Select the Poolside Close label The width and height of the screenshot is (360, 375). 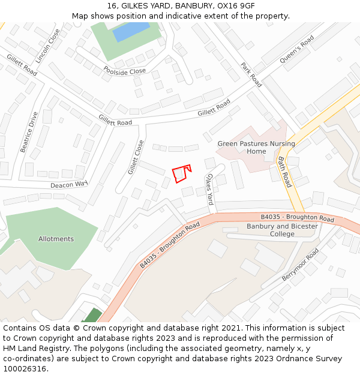[x=125, y=71]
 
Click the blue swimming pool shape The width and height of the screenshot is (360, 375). [x=131, y=31]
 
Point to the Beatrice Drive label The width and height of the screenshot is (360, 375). [x=29, y=132]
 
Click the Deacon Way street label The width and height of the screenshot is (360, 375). [x=69, y=185]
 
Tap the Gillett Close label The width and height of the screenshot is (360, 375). [x=136, y=157]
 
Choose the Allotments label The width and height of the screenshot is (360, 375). [x=56, y=239]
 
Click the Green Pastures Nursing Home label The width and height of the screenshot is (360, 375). [x=256, y=148]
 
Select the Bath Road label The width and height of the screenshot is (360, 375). [x=284, y=172]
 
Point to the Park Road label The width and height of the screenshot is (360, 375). [x=251, y=75]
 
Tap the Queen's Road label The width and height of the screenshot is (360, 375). [x=296, y=50]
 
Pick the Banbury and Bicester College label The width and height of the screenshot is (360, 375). [x=283, y=230]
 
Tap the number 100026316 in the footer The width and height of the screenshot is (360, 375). [x=25, y=368]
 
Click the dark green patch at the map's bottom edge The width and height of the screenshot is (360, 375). [x=92, y=316]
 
